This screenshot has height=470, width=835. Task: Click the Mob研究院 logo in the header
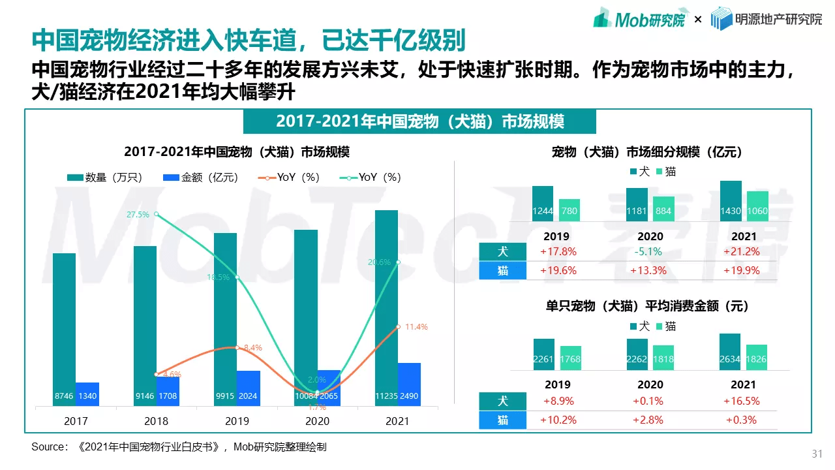coord(639,19)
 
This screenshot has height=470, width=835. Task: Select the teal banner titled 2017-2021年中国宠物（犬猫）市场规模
coord(419,121)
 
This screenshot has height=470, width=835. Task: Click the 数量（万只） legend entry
coord(104,178)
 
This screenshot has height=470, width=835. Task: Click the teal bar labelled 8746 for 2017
coord(65,326)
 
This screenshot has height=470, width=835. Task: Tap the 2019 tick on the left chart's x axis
coord(237,421)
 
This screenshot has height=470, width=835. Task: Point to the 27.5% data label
coord(138,214)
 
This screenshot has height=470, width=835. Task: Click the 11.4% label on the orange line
coord(416,326)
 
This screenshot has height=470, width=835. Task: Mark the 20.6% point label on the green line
coord(379,262)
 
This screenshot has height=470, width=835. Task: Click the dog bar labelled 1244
coord(543,204)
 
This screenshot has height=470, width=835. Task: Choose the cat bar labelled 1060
coord(757,206)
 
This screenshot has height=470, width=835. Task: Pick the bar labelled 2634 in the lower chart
coord(730,352)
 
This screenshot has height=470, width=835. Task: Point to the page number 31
coord(816,454)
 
